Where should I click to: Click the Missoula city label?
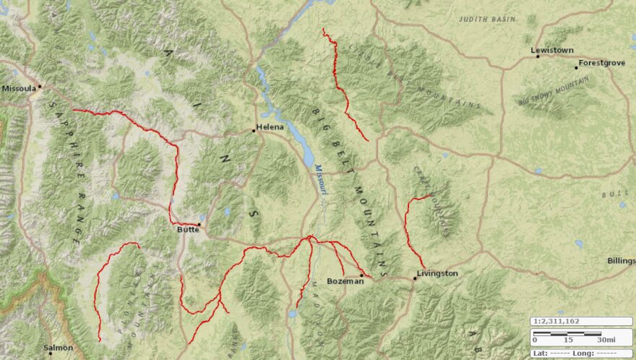click(18, 88)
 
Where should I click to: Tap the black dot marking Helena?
click(254, 131)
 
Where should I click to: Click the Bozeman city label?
click(345, 280)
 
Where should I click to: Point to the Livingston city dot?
click(415, 278)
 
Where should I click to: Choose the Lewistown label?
click(551, 50)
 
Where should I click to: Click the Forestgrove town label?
click(601, 63)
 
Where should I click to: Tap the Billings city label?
click(621, 260)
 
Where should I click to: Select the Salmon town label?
click(58, 348)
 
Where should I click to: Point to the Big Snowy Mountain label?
click(554, 93)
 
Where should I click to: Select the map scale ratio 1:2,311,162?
click(557, 321)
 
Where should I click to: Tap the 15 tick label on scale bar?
click(569, 340)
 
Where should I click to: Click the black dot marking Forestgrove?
click(577, 67)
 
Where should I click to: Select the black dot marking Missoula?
click(40, 87)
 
